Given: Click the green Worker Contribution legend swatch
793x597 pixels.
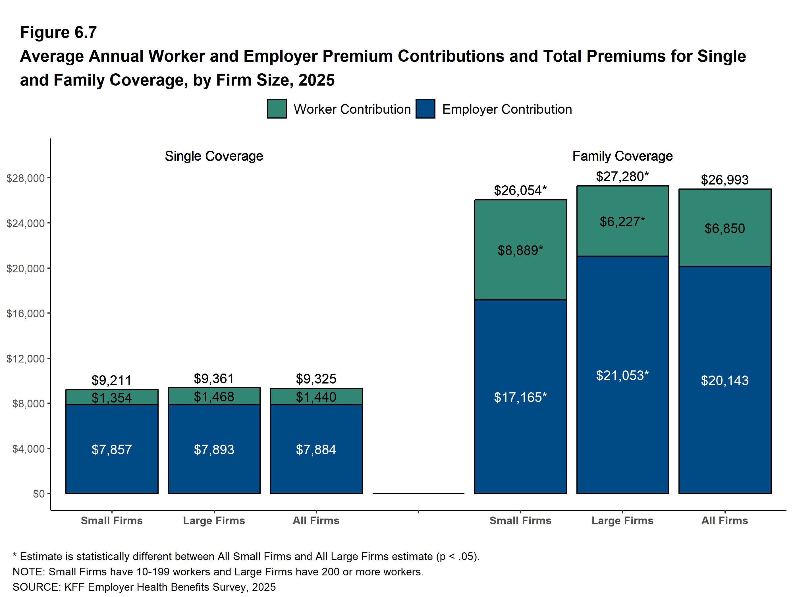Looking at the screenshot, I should (x=276, y=109).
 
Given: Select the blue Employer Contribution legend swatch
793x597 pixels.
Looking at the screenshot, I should (x=425, y=109).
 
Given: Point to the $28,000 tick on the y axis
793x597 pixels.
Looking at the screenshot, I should (x=26, y=178).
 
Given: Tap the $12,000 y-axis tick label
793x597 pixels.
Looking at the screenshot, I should (x=26, y=358).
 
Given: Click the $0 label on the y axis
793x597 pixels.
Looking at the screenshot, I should (x=39, y=494).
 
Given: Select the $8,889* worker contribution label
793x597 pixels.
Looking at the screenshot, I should (x=520, y=250).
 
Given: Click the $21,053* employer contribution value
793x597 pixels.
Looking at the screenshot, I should (x=622, y=376).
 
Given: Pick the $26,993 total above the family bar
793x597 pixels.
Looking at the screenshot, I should (x=725, y=180).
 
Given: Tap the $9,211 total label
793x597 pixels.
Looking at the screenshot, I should (x=111, y=380).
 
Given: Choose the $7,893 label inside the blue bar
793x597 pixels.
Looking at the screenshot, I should (x=214, y=450).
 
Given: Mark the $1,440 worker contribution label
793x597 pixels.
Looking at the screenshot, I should (x=316, y=397).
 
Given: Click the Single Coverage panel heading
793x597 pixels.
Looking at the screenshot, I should (x=214, y=156).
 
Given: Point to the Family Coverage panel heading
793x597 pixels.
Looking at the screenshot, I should (x=622, y=156).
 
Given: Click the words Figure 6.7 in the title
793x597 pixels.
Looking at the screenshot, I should (x=59, y=32).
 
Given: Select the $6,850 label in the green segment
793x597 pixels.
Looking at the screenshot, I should (x=725, y=228).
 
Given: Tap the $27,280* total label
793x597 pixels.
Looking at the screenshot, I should (x=622, y=177).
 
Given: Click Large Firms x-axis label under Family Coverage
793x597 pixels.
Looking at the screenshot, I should (x=622, y=520).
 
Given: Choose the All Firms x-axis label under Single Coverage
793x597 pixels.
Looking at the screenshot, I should (x=316, y=520).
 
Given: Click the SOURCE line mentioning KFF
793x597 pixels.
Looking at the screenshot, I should (x=144, y=587).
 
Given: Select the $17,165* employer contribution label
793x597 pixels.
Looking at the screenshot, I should (x=520, y=397).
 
